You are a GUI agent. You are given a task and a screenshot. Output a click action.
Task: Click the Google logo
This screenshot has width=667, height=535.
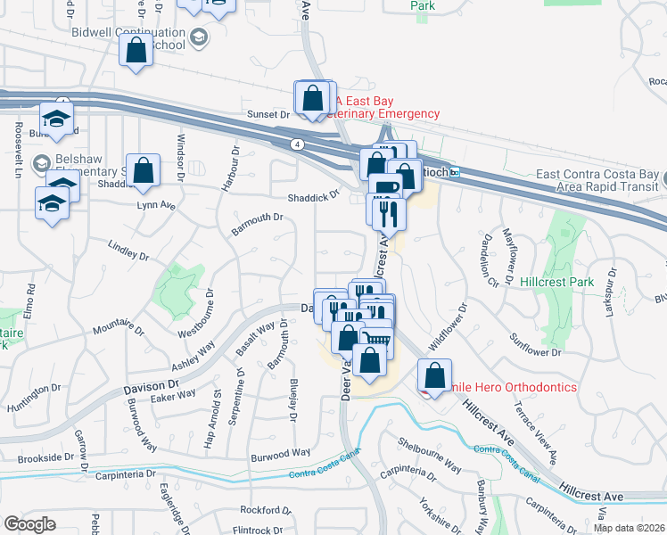coord(29,523)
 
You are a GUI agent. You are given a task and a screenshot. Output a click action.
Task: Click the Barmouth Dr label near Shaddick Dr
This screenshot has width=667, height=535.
coord(257,218)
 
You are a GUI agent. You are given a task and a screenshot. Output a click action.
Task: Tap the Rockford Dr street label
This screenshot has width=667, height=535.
coord(265,510)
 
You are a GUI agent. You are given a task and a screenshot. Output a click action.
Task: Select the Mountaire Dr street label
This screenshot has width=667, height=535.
coord(119,337)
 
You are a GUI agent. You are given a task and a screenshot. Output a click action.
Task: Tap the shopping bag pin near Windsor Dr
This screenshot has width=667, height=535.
coord(143,170)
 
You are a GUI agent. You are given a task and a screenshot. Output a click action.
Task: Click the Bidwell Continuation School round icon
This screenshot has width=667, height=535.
coord(197,37)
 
